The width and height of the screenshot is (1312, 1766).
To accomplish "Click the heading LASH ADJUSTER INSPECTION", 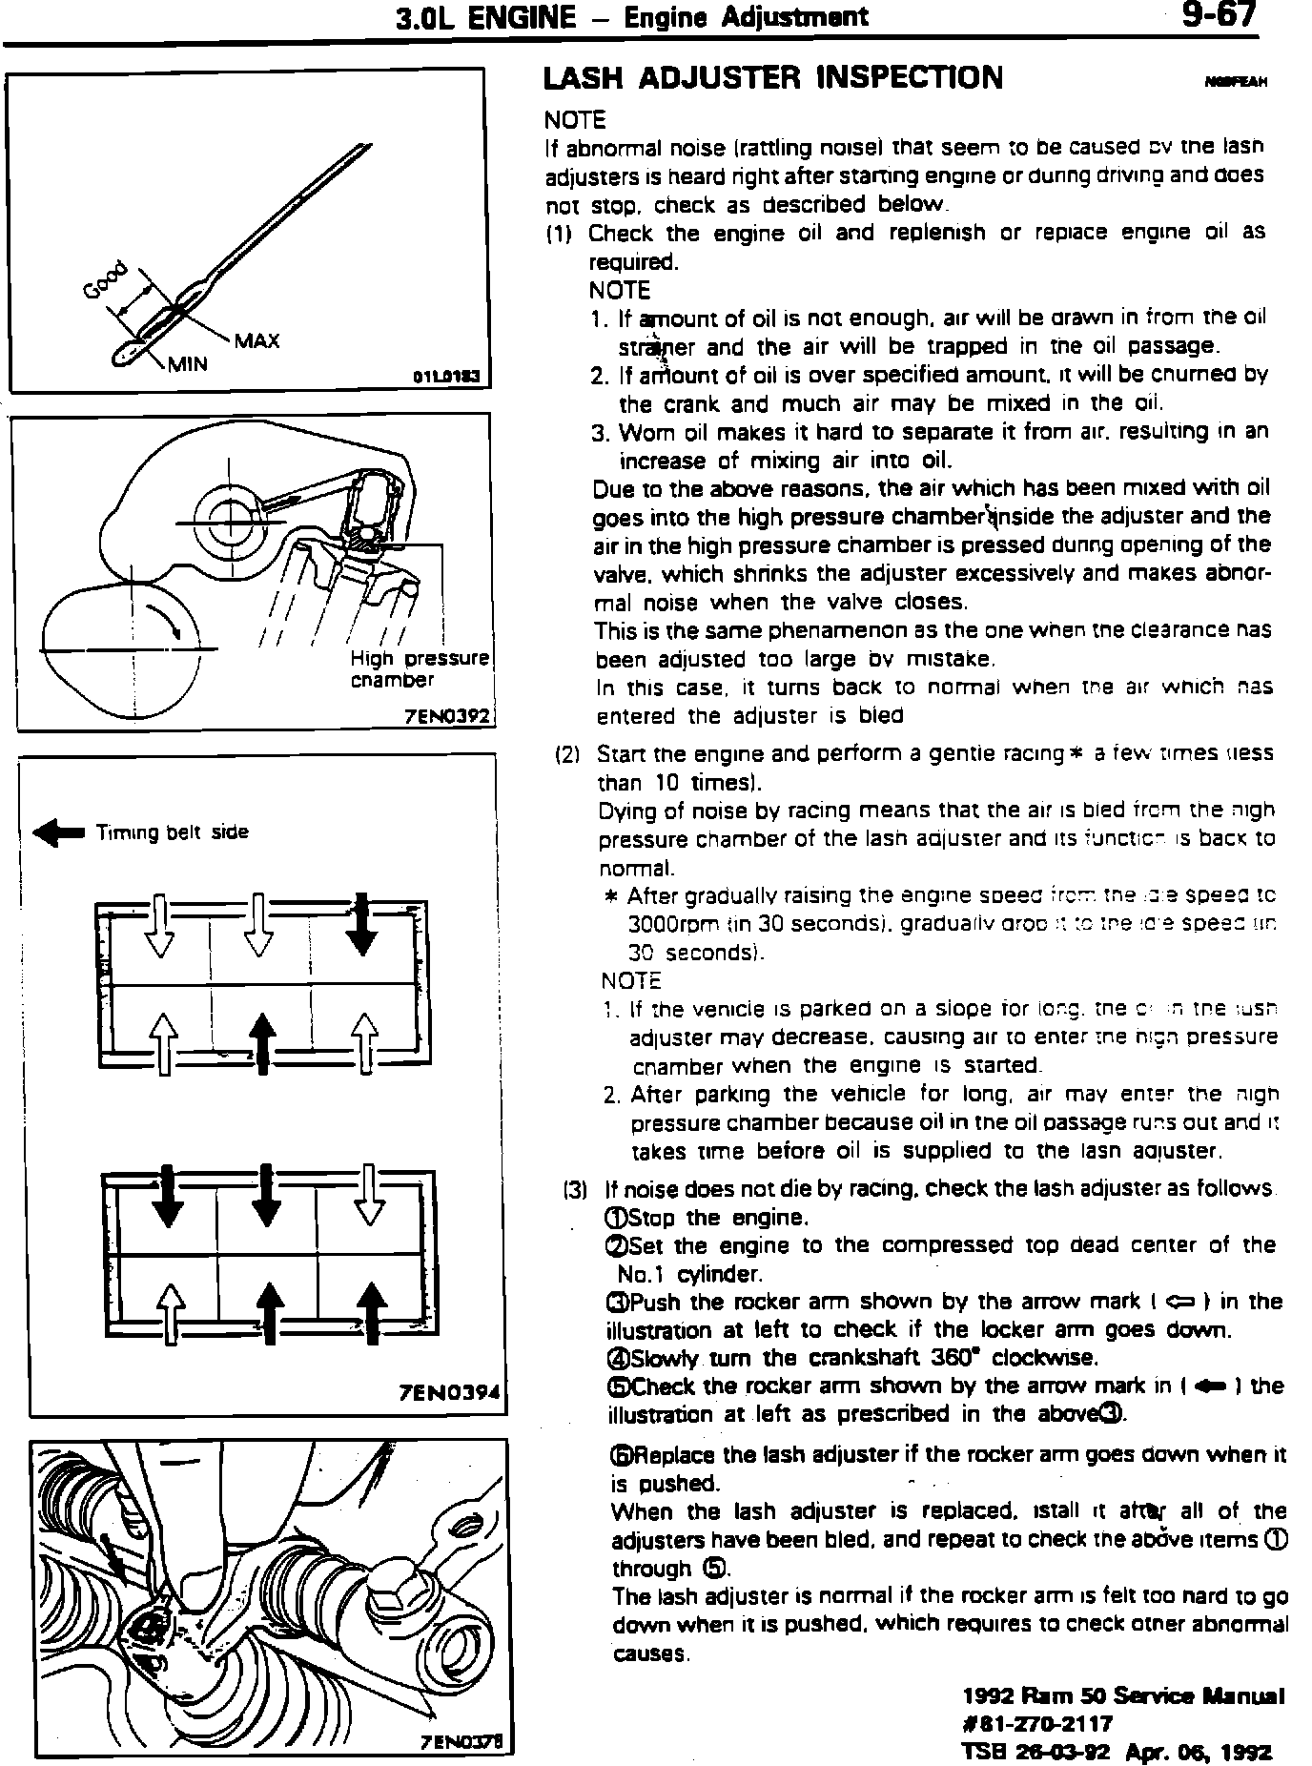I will click(x=772, y=78).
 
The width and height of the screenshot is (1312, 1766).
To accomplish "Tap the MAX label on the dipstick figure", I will click(x=257, y=340).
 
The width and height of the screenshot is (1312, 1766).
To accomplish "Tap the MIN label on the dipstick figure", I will click(x=188, y=364).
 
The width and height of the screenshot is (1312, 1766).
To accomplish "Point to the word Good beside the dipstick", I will click(x=106, y=280).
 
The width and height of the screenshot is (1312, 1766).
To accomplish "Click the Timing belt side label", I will click(x=172, y=832).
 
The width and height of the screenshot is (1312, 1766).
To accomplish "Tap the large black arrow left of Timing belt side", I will click(x=59, y=833).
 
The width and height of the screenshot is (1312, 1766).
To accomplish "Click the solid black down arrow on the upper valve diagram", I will click(x=361, y=923).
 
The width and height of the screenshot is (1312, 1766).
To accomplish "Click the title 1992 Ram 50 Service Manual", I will click(x=1123, y=1695).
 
